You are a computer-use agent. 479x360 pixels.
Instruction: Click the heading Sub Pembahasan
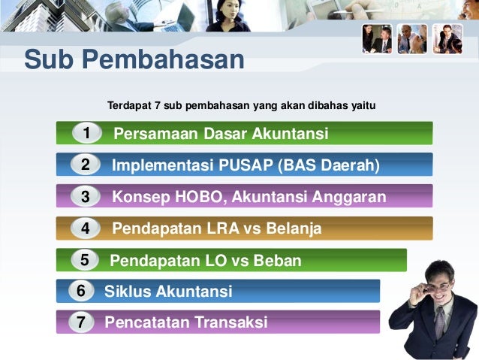134,60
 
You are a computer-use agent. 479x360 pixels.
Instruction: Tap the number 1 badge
87,133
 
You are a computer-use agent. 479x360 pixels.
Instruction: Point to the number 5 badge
85,260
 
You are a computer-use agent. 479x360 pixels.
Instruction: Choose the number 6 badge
80,291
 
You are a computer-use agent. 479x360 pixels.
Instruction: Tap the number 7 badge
80,322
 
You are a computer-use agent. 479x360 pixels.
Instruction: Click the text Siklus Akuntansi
168,292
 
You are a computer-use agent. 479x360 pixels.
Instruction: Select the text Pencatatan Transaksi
185,323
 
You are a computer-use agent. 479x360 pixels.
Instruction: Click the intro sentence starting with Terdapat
241,104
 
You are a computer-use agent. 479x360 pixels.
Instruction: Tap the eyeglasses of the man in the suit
438,286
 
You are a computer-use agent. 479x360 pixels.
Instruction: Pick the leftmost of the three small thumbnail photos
377,38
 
